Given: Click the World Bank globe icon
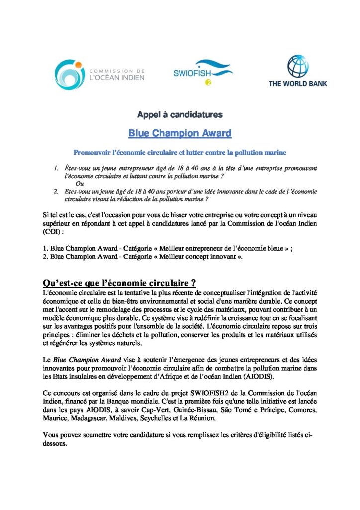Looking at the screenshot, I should [x=298, y=67].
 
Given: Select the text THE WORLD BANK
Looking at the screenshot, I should [x=298, y=84].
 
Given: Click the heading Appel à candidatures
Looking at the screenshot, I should [x=180, y=115].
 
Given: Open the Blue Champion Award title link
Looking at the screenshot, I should [x=180, y=133].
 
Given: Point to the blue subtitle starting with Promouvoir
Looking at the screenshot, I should [x=180, y=151].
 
